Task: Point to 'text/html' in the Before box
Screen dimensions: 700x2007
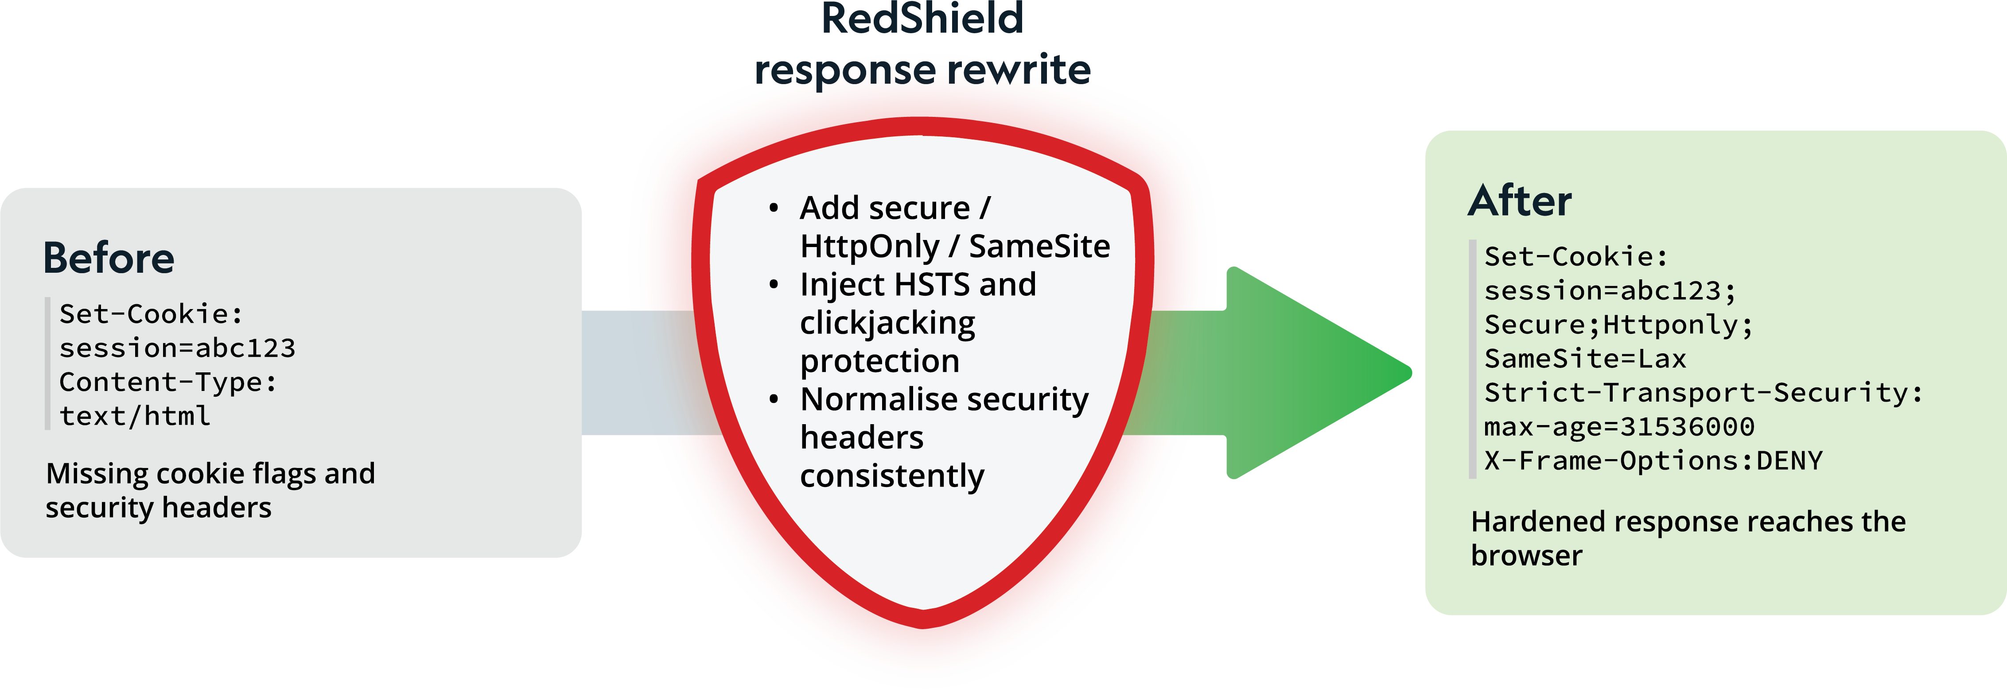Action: [x=135, y=417]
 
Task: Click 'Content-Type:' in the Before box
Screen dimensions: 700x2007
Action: [x=167, y=382]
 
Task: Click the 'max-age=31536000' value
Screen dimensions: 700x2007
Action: [x=1619, y=427]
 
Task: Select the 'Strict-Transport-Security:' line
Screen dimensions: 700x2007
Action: [x=1703, y=392]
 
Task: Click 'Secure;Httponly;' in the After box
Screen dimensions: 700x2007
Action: [x=1618, y=325]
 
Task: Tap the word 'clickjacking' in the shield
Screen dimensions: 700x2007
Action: [x=887, y=323]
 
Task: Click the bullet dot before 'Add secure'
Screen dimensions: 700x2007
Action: [x=774, y=208]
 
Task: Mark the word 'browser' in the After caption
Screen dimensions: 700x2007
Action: [x=1526, y=556]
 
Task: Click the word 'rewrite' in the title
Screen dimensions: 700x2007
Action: [x=1018, y=70]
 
